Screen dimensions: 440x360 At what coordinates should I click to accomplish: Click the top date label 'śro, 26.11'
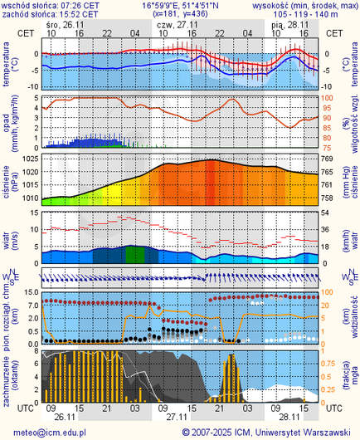(x=65, y=25)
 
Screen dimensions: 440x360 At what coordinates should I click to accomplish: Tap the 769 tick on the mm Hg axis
(x=327, y=159)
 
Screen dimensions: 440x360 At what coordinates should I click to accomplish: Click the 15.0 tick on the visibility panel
(x=30, y=292)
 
